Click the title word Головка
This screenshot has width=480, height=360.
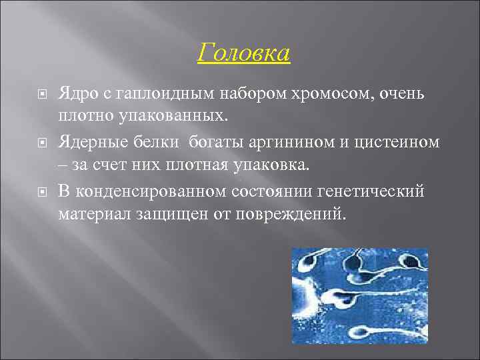[244, 53]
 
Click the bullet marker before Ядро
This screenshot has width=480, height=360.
[42, 95]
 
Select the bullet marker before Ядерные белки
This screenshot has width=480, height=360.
[42, 141]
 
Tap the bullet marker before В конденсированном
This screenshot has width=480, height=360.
[42, 192]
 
